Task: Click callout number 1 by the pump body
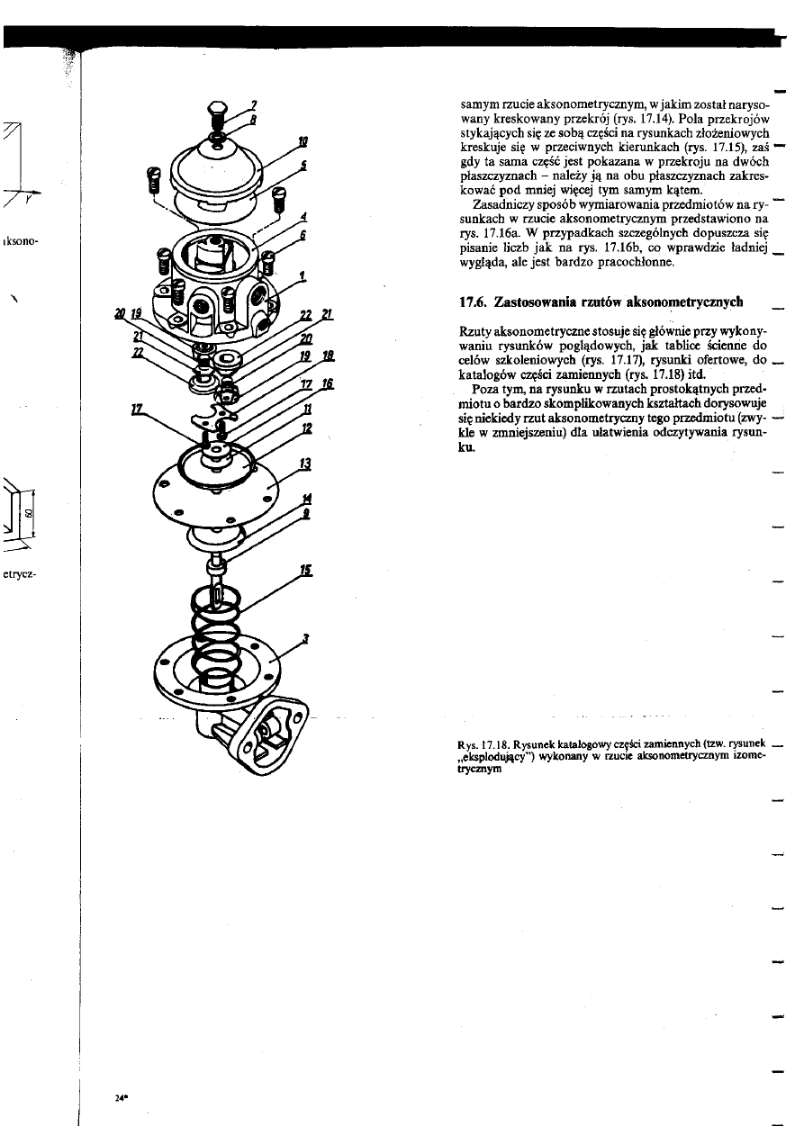(303, 275)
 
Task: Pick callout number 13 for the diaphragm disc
(305, 464)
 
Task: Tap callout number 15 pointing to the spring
(307, 570)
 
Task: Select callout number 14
(307, 498)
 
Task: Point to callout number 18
(328, 356)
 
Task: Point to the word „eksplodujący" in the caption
(496, 757)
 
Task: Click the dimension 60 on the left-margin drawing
(28, 514)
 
